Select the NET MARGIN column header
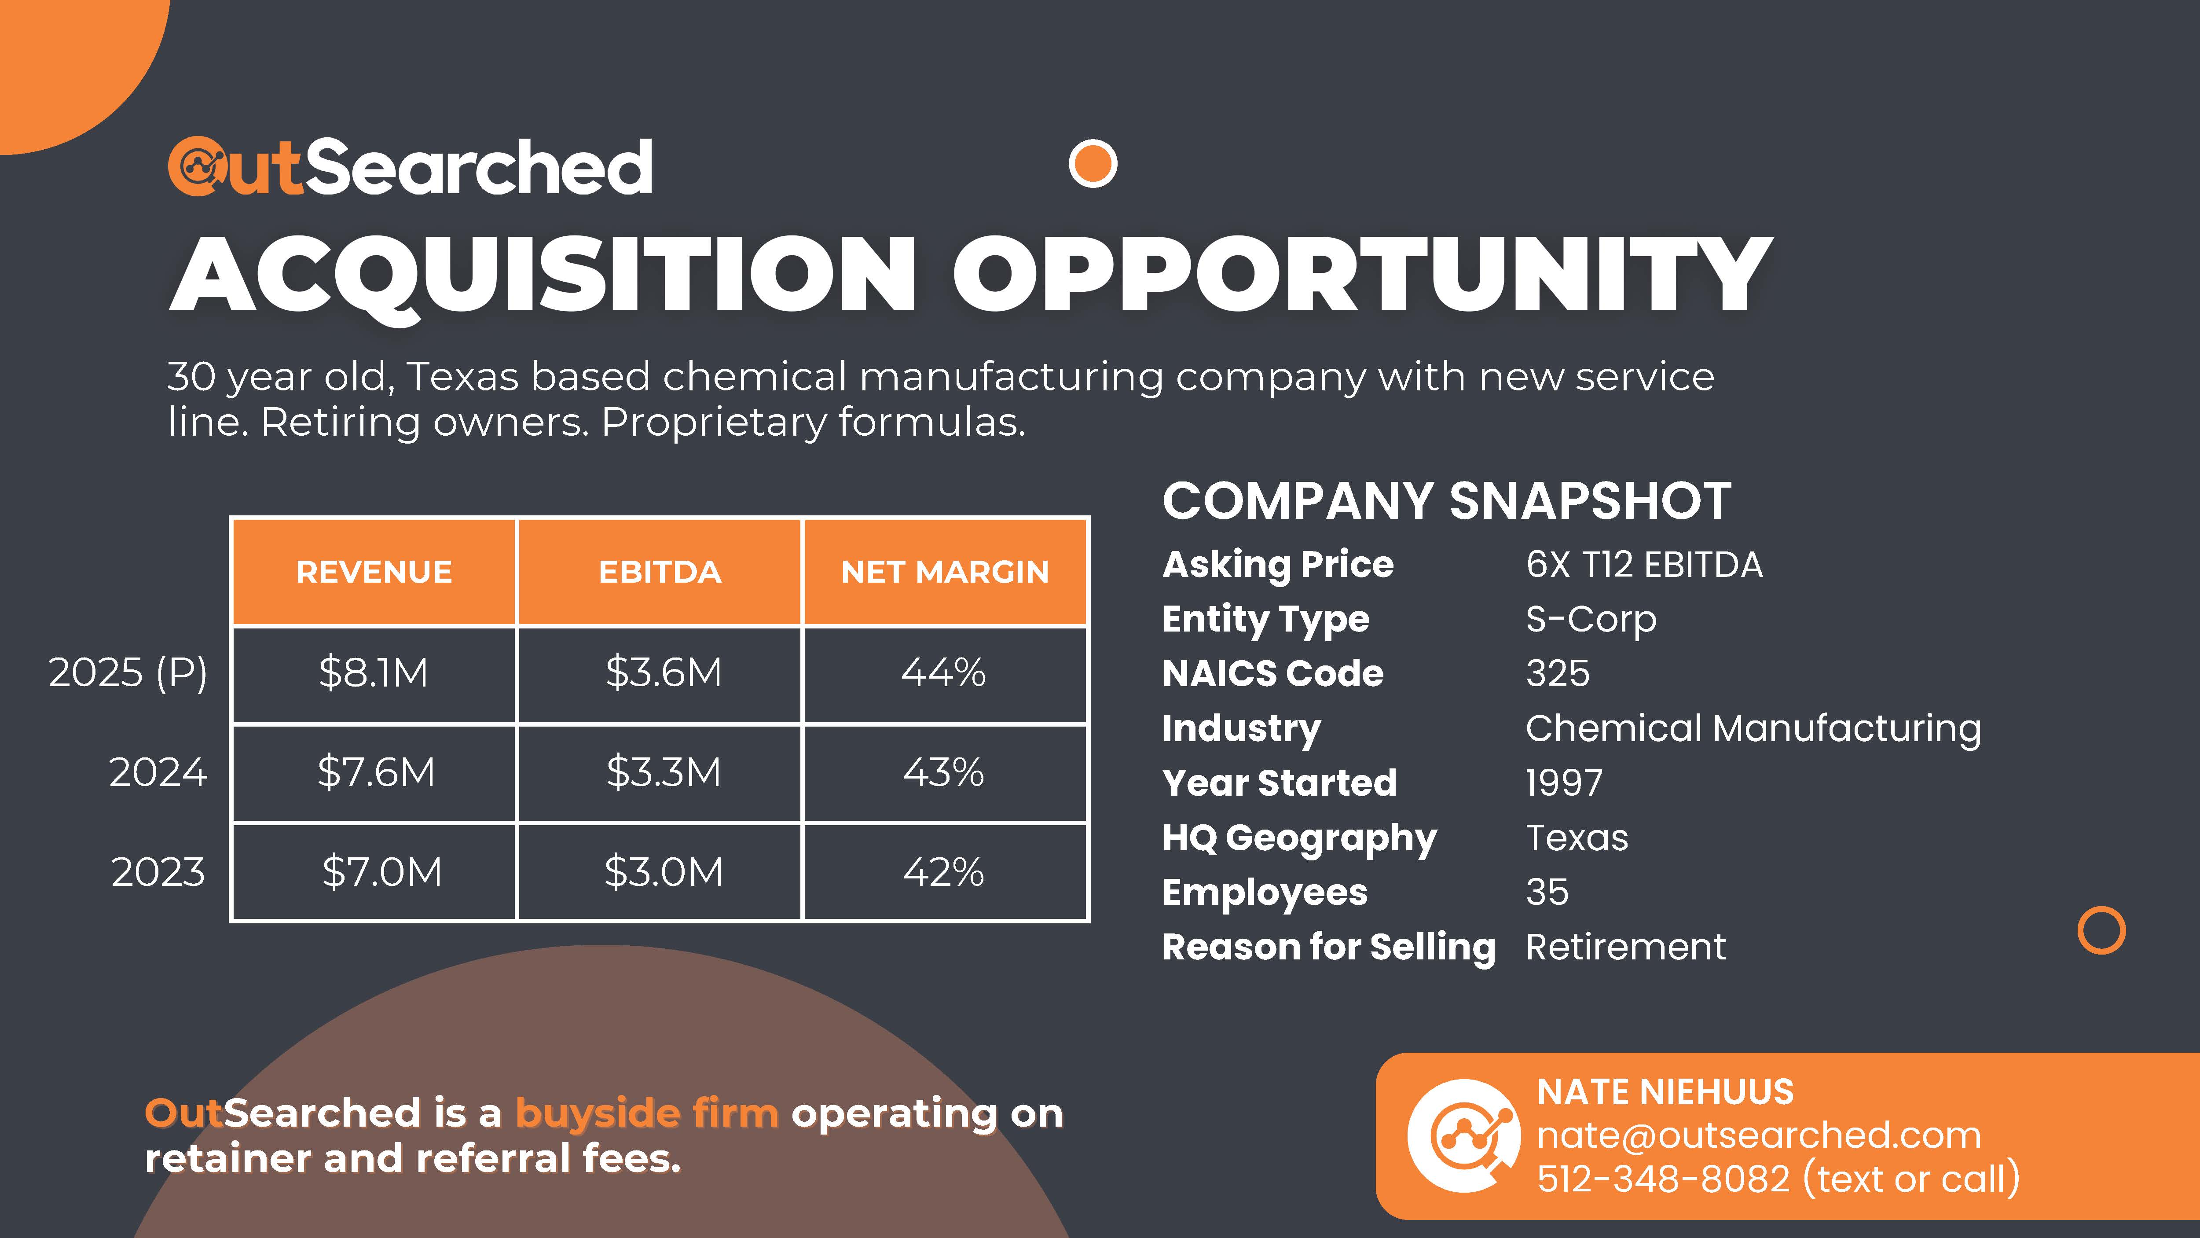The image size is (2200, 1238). (945, 572)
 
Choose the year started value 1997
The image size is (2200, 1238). (1564, 782)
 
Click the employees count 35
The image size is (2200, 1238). (1547, 892)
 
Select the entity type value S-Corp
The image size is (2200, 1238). (1590, 619)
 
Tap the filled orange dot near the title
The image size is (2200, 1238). (1093, 163)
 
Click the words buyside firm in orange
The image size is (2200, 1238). (646, 1113)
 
